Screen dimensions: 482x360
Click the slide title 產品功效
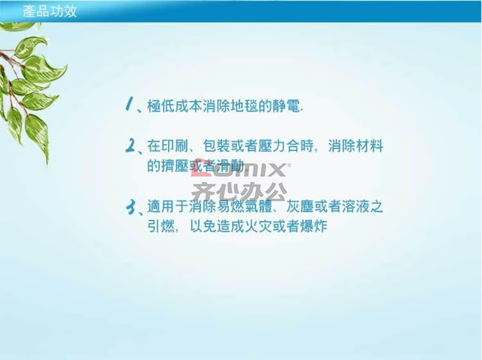49,12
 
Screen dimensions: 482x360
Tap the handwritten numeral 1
130,104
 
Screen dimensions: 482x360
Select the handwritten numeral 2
130,145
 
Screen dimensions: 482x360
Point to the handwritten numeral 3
131,207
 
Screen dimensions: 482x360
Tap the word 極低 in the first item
161,106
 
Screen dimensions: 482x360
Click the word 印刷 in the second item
175,146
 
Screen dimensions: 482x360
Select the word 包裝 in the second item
217,146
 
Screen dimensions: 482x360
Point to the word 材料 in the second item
370,146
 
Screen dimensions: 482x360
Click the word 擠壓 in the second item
175,166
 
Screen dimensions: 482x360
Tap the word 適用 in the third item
161,206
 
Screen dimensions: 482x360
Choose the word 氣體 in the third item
258,206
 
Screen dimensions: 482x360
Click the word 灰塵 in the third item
299,206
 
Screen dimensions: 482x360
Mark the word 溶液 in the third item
355,206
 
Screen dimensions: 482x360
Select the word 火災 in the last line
258,227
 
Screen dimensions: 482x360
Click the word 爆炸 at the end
314,227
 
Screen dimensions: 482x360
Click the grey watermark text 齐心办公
240,192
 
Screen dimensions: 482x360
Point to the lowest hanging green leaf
37,138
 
